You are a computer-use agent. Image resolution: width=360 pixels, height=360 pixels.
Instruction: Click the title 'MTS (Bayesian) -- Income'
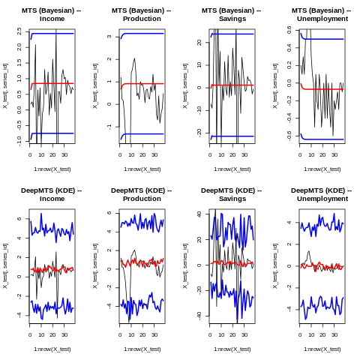52,14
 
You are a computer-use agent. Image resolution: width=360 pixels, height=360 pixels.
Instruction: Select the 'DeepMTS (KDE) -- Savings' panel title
232,194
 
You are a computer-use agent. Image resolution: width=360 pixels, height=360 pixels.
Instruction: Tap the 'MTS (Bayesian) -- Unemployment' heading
322,14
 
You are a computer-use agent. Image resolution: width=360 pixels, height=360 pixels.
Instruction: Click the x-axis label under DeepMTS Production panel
142,349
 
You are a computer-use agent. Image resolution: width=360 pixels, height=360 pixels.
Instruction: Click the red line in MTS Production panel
142,84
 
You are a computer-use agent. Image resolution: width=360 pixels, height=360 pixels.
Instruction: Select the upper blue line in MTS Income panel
52,34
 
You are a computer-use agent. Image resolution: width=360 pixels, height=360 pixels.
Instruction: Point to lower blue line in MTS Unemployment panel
322,139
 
